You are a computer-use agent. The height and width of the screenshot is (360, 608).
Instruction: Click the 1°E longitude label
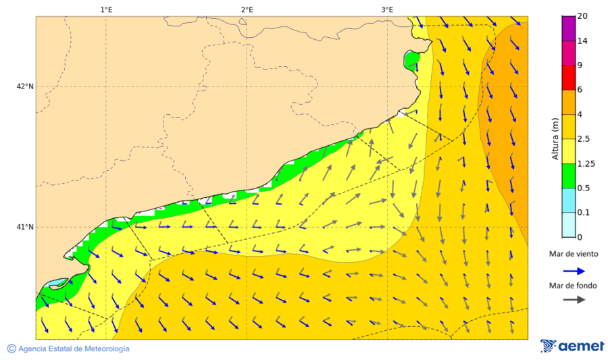pos(106,9)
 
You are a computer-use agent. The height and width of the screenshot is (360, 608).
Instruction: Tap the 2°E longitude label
pos(247,9)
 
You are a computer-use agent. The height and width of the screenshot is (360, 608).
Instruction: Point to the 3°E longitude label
pos(387,9)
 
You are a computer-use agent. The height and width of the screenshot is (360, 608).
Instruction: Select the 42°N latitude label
pos(25,86)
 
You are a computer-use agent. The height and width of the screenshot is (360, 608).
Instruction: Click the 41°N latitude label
pos(25,227)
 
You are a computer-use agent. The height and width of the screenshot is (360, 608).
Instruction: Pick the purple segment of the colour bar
pos(568,28)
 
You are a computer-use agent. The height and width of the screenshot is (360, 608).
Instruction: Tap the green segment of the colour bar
pos(568,175)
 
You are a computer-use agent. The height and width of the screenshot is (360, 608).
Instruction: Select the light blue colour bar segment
pos(568,200)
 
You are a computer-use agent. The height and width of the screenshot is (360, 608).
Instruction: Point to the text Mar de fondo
pos(574,285)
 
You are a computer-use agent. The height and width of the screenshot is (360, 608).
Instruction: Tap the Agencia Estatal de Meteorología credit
pos(68,349)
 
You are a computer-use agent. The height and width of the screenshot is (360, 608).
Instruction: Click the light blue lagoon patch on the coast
pos(58,282)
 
